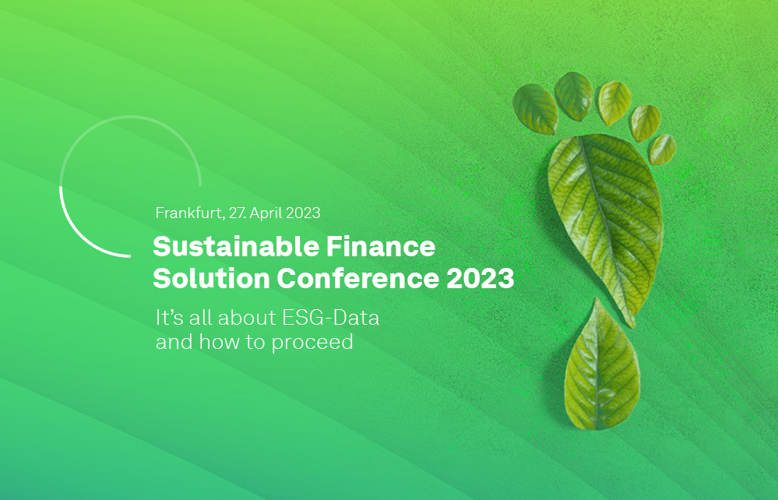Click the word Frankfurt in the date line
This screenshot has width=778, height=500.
pyautogui.click(x=188, y=213)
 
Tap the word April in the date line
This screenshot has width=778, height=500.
pyautogui.click(x=266, y=213)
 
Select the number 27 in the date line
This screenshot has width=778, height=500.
pyautogui.click(x=237, y=213)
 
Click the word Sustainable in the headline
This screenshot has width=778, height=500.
pyautogui.click(x=236, y=247)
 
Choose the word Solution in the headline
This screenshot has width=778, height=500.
pyautogui.click(x=211, y=278)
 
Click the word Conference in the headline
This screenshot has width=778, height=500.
pyautogui.click(x=357, y=278)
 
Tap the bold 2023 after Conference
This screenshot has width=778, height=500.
pyautogui.click(x=481, y=279)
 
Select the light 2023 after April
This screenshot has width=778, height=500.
pyautogui.click(x=303, y=213)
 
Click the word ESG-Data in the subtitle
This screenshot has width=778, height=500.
pyautogui.click(x=330, y=318)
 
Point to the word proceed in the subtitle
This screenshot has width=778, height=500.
pyautogui.click(x=312, y=343)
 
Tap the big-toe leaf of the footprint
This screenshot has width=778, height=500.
pyautogui.click(x=535, y=109)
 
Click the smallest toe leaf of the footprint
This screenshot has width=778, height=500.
pyautogui.click(x=663, y=150)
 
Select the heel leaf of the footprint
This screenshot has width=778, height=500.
pyautogui.click(x=601, y=366)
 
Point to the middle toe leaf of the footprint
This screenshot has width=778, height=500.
pyautogui.click(x=614, y=103)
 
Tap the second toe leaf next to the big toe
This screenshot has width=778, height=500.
pyautogui.click(x=574, y=97)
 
